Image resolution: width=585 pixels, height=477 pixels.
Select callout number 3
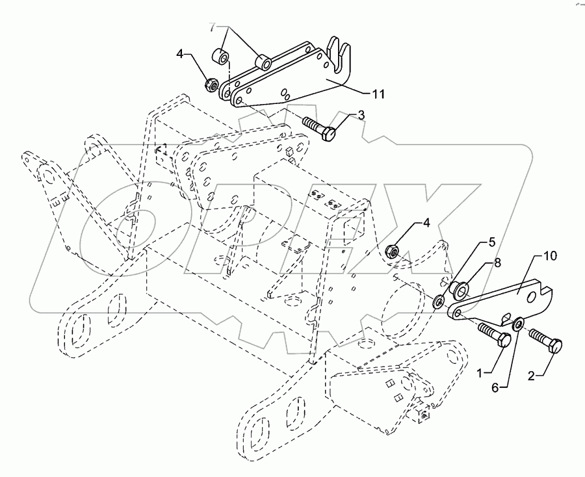coord(361,116)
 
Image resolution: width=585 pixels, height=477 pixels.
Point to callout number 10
coord(550,256)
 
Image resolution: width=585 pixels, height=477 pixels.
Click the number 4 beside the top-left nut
coord(179,54)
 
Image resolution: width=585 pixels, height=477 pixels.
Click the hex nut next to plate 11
coord(211,84)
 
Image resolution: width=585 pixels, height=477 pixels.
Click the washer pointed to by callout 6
coord(518,324)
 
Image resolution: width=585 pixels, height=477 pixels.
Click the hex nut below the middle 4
coord(392,250)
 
